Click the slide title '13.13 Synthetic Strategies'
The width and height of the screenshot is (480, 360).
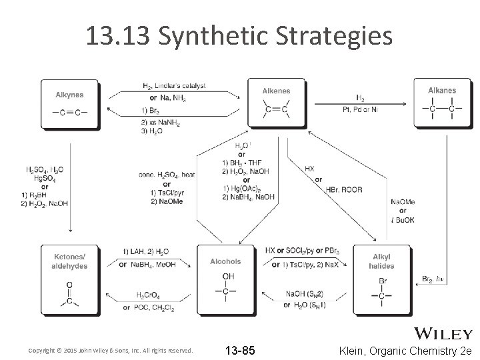pos(239,37)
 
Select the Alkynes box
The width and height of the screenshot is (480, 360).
pos(69,103)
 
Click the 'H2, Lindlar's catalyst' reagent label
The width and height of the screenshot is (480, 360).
pos(174,86)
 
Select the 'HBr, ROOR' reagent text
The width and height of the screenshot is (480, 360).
pos(344,190)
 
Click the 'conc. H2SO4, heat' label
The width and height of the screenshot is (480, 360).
pos(167,175)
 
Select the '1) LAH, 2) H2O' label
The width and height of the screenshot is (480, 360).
pos(146,251)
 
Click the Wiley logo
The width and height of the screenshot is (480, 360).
pos(445,333)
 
